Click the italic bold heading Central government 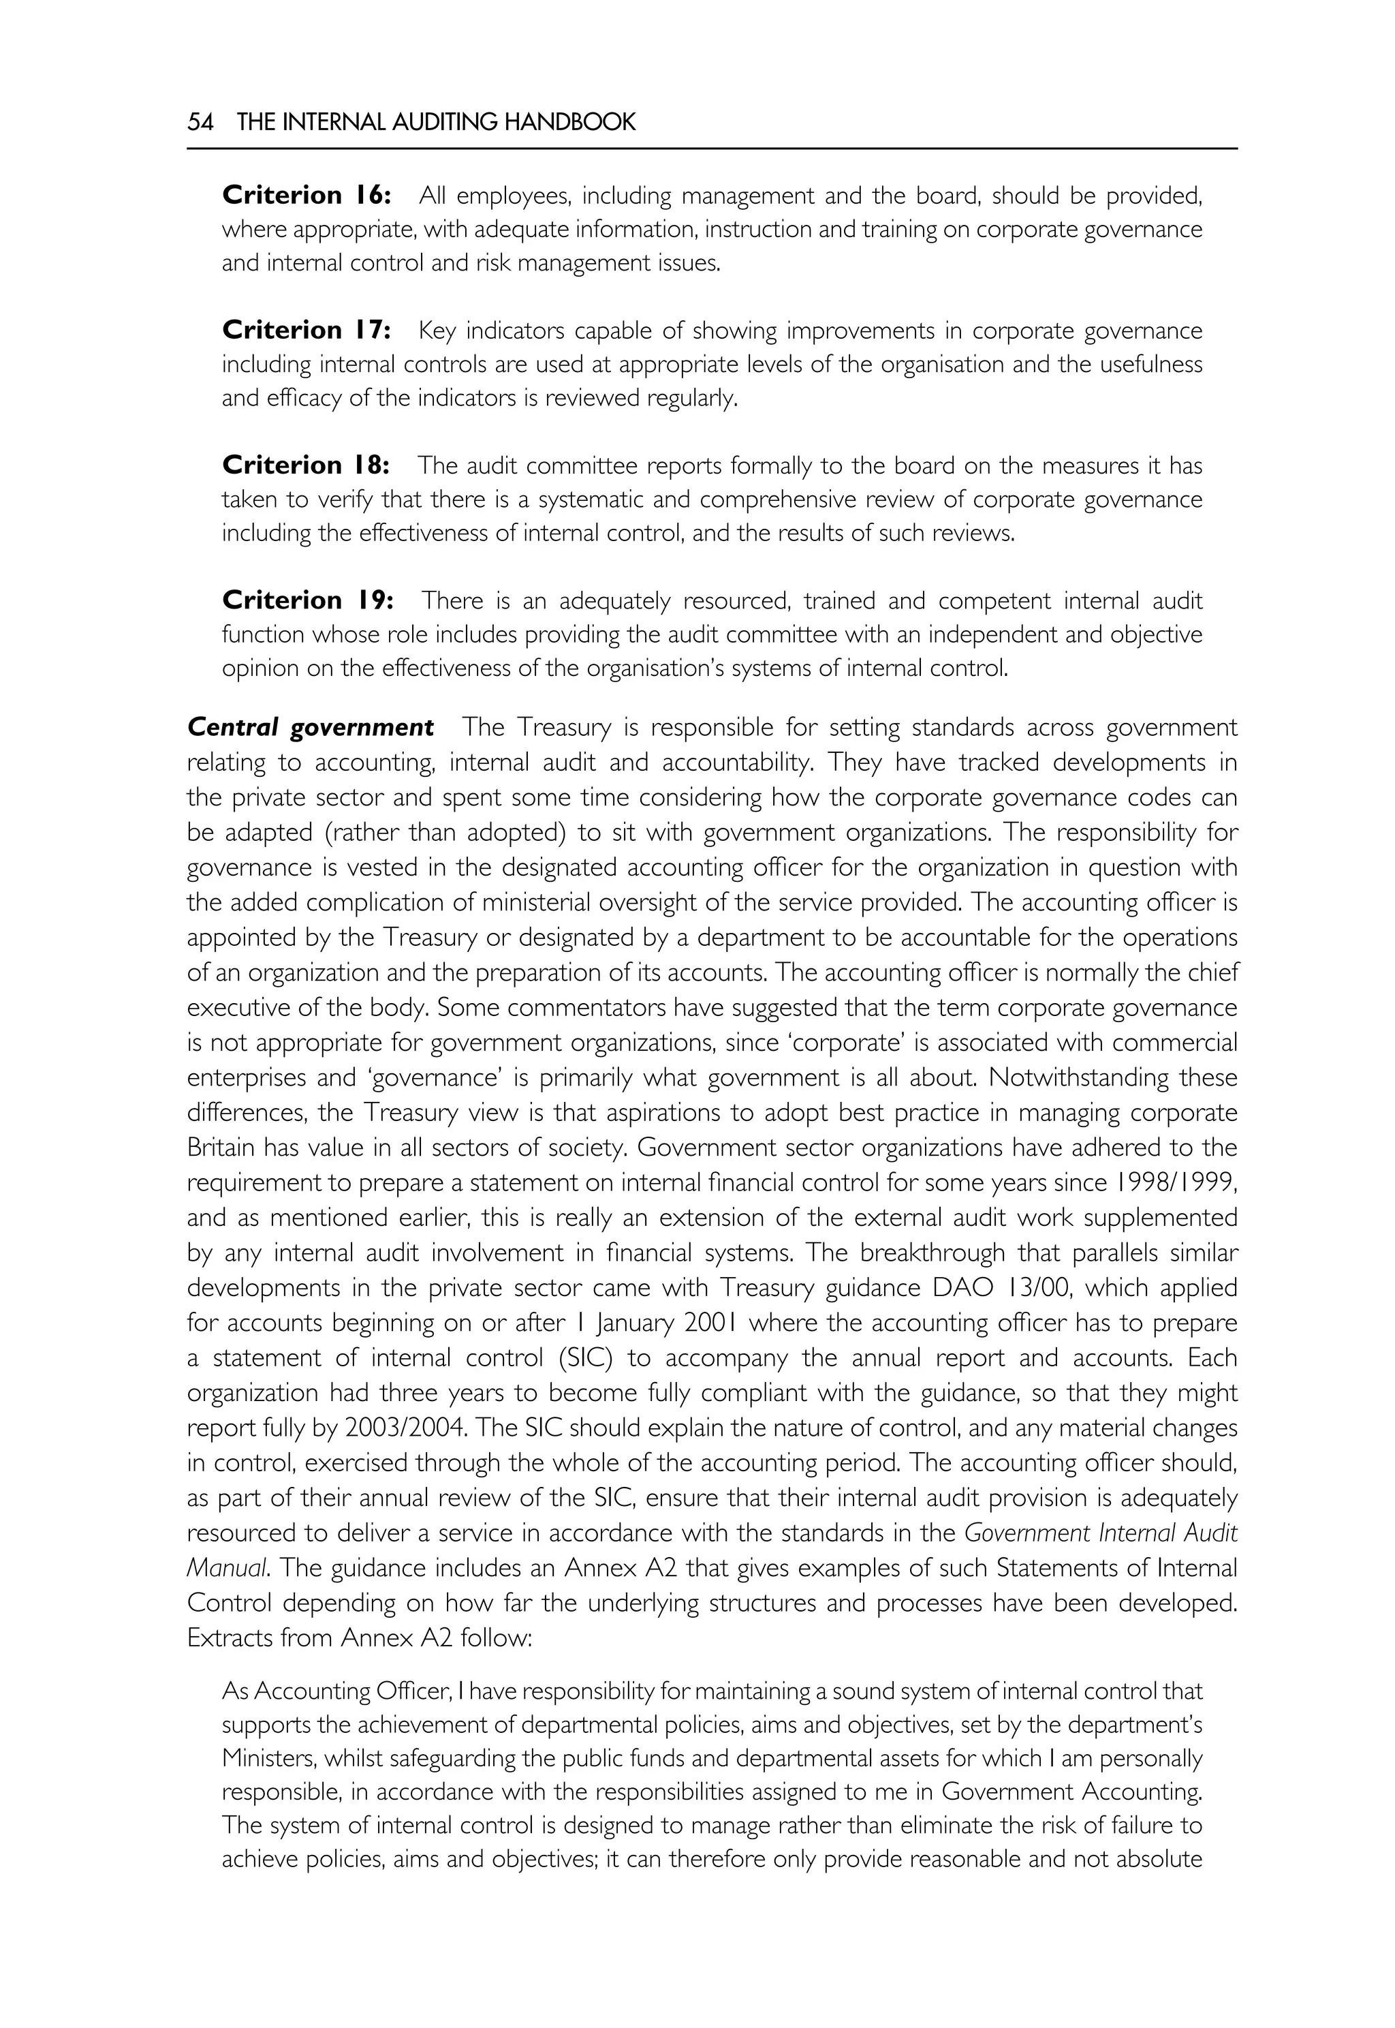(x=311, y=728)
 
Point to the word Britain (x=219, y=1148)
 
